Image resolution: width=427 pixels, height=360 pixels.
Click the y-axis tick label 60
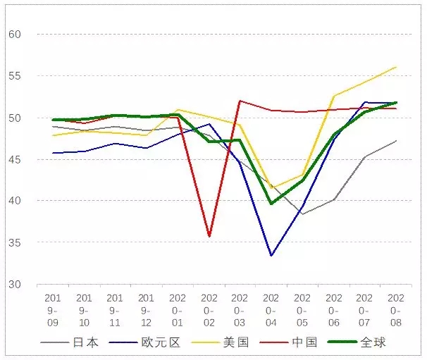click(x=15, y=34)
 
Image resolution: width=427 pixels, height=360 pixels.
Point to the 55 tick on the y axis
click(x=15, y=75)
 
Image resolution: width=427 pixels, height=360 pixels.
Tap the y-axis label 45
click(x=15, y=159)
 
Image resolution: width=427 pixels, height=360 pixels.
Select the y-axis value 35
click(x=15, y=243)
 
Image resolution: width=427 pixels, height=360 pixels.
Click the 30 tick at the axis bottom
click(x=15, y=285)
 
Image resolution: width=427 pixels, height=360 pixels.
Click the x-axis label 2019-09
click(x=53, y=310)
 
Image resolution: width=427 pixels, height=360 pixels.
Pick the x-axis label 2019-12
click(x=147, y=310)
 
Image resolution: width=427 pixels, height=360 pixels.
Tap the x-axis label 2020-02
click(x=209, y=310)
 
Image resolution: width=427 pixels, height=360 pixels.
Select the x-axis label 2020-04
click(x=272, y=310)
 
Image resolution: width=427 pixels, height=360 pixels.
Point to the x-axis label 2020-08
click(x=396, y=310)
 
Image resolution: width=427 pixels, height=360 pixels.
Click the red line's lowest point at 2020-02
click(x=209, y=237)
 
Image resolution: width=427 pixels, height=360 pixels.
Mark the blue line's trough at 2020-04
click(x=272, y=256)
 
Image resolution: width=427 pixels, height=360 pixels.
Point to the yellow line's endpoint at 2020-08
click(x=396, y=67)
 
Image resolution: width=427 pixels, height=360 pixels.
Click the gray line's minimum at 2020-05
click(x=303, y=214)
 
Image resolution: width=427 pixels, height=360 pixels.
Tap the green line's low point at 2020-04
click(x=272, y=204)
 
